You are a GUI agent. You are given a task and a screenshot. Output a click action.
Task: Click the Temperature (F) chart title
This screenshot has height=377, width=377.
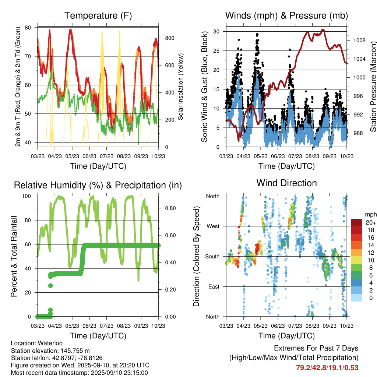[x=98, y=16]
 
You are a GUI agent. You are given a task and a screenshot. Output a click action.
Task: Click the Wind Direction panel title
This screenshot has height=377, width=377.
[x=286, y=183]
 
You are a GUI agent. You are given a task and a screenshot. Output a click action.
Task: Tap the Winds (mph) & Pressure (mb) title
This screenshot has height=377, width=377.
[x=286, y=16]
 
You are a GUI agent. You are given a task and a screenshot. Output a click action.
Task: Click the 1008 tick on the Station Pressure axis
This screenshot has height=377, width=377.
[x=359, y=40]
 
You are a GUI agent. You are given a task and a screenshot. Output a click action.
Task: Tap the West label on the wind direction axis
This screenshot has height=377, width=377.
[x=213, y=226]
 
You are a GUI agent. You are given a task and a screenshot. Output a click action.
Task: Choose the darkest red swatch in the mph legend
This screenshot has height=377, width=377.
[x=356, y=222]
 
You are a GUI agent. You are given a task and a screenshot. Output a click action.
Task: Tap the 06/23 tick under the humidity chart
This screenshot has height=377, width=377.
[x=89, y=326]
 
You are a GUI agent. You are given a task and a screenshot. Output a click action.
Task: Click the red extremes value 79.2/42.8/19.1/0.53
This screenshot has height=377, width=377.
[x=327, y=367]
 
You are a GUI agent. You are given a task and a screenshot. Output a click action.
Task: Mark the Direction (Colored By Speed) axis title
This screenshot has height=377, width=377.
[x=197, y=256]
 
